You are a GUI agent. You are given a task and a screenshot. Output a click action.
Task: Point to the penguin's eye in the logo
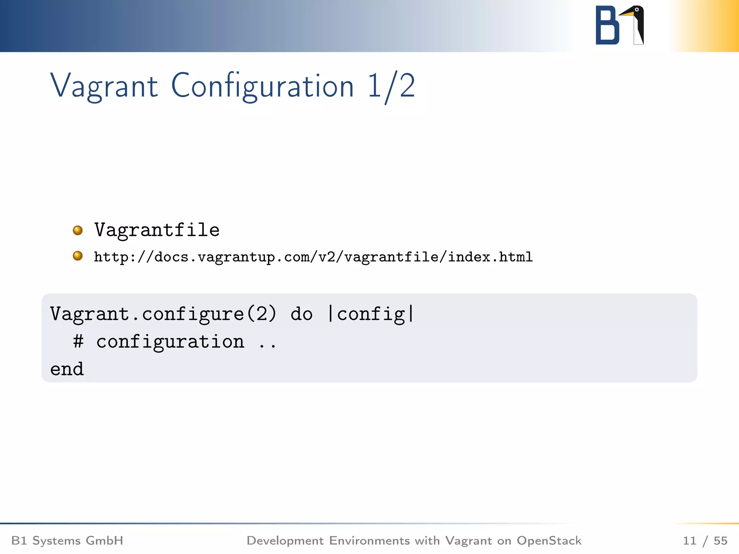[x=637, y=10]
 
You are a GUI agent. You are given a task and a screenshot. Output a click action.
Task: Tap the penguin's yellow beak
[x=626, y=14]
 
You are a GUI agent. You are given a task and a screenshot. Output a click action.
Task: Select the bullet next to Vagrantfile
[x=78, y=230]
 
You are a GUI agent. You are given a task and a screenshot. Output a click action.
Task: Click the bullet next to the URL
[x=78, y=256]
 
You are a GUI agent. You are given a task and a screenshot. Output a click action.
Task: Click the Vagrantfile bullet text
[x=157, y=230]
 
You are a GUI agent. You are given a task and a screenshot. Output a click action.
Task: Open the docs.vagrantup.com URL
[x=313, y=257]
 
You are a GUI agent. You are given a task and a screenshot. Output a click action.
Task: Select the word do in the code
[x=301, y=314]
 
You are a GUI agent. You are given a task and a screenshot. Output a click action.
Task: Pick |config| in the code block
[x=371, y=314]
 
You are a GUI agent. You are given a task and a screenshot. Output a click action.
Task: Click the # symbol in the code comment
[x=78, y=341]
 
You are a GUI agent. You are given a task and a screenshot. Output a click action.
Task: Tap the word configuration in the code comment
[x=170, y=342]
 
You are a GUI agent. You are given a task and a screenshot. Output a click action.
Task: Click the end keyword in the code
[x=67, y=369]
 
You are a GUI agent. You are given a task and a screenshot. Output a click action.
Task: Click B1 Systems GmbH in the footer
[x=67, y=541]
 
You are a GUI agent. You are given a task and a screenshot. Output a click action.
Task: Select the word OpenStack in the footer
[x=549, y=541]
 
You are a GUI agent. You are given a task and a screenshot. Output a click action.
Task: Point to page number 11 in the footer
[x=689, y=541]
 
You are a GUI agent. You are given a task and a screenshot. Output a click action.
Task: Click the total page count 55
[x=720, y=541]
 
